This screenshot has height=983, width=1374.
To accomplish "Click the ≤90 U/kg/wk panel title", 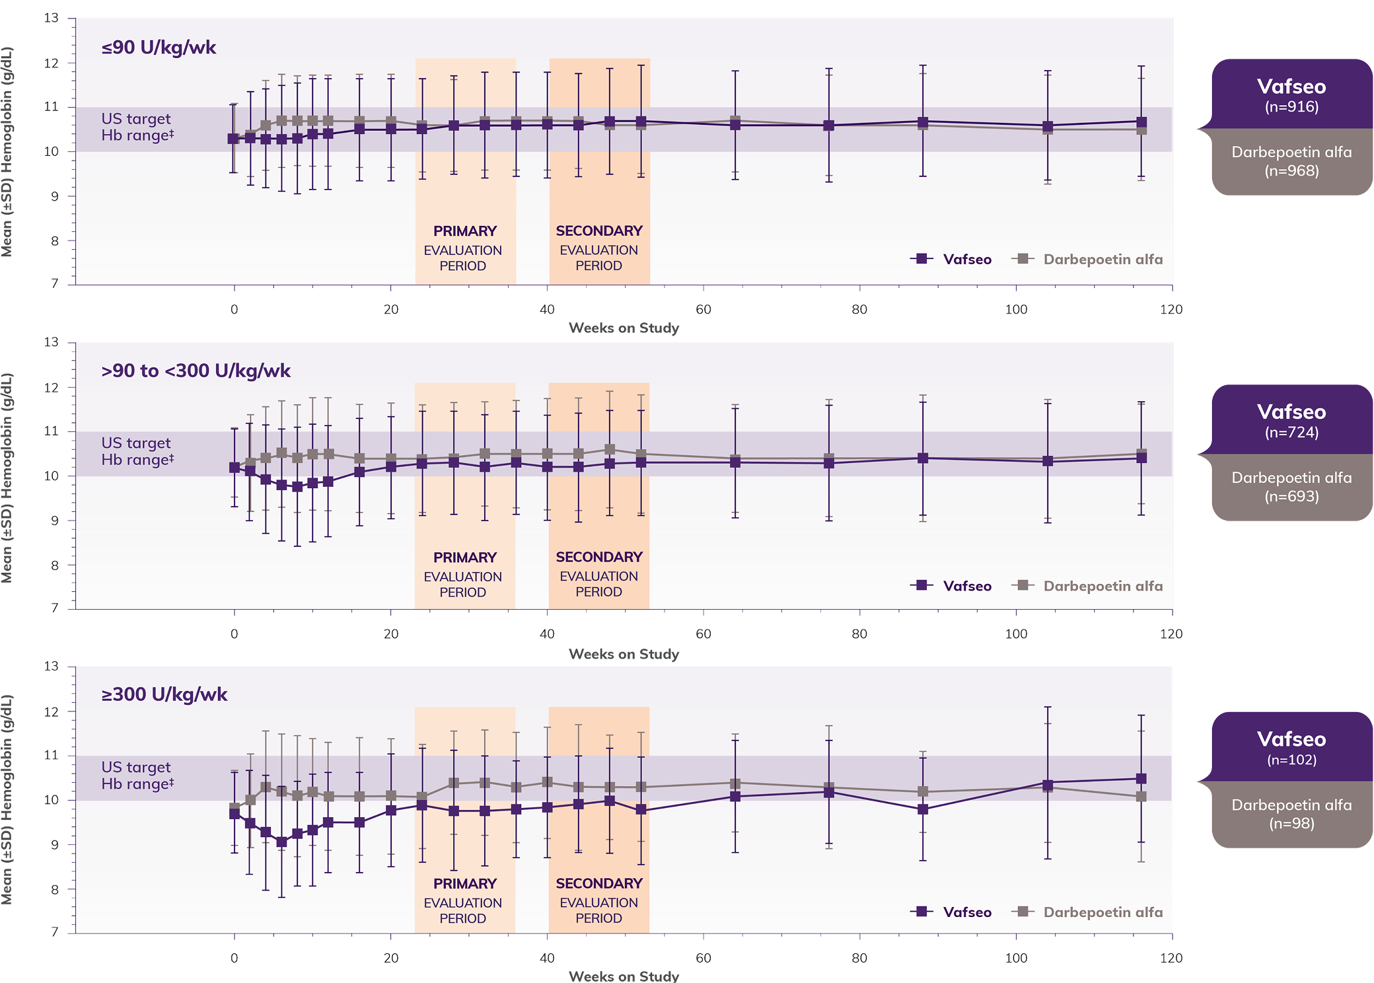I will click(159, 48).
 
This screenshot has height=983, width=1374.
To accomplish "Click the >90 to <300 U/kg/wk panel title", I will click(196, 371).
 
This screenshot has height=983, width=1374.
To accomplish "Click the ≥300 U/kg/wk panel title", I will click(164, 694).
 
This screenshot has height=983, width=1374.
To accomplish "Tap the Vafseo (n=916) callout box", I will click(1291, 94).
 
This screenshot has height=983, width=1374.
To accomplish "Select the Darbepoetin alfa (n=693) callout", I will click(1291, 487).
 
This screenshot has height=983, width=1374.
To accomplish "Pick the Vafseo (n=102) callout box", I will click(1291, 747).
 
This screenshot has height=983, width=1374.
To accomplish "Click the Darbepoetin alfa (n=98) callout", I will click(1291, 814).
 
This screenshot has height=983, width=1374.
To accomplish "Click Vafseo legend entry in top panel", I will click(952, 259).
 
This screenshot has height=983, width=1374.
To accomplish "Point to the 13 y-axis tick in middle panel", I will click(52, 342).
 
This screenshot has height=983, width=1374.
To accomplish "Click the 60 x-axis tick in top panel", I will click(703, 309).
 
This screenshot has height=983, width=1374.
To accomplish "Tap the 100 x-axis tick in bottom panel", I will click(1016, 958).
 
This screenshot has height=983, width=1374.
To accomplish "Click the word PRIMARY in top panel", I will click(464, 231).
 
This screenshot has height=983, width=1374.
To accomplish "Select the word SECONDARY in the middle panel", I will click(598, 557).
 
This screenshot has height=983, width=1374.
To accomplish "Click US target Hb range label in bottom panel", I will click(137, 775).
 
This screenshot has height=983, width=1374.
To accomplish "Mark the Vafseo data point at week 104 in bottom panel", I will click(1047, 784).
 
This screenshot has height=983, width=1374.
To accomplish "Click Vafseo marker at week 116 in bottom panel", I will click(1141, 779).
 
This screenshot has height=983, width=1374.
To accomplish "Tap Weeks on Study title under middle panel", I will click(624, 654).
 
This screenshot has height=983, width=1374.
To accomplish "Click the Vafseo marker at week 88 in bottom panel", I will click(923, 809).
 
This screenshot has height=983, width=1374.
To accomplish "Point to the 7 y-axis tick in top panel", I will click(55, 283).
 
